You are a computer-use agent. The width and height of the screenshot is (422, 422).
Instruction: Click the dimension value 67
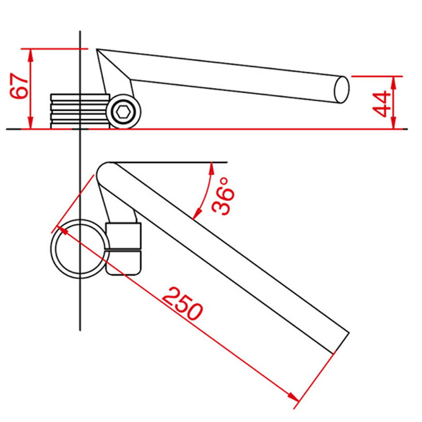[x=19, y=86]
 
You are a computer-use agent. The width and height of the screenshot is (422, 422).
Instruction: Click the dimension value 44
[x=381, y=104]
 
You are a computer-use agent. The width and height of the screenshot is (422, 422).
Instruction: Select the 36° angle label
[x=223, y=196]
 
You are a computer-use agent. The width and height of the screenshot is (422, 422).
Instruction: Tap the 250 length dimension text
[x=182, y=304]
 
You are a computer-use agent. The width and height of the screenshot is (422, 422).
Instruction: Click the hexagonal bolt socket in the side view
[x=123, y=111]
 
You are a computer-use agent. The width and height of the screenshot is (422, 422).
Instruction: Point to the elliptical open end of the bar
[x=341, y=90]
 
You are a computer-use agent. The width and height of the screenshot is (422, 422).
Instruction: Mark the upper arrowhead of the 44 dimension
[x=394, y=83]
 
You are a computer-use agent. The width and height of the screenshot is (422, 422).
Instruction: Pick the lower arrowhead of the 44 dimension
[x=394, y=122]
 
